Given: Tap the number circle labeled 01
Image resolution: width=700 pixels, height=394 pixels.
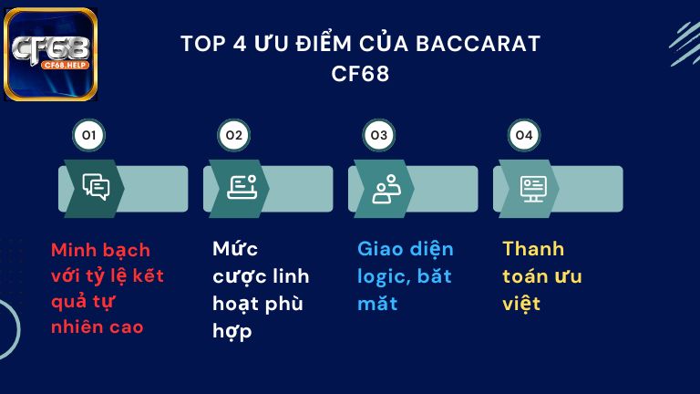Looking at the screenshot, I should (x=88, y=136).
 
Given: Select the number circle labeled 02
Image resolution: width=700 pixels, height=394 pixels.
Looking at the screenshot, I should (x=233, y=136).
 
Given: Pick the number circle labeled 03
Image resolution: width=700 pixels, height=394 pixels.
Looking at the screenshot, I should (x=377, y=136).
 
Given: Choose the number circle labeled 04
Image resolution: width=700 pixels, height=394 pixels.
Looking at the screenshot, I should (x=522, y=136).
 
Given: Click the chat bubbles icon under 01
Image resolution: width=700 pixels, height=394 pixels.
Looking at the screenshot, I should (x=96, y=187).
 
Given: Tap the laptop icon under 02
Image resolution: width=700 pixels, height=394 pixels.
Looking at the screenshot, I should (x=241, y=187).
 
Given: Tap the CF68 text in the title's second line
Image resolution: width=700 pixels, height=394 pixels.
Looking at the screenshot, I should (x=361, y=74).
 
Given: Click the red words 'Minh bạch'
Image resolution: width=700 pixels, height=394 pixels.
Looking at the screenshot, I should (x=100, y=250).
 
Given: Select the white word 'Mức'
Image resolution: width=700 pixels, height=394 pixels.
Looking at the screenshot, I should (x=235, y=249).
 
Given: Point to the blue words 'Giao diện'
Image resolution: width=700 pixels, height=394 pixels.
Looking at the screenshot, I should (x=405, y=249).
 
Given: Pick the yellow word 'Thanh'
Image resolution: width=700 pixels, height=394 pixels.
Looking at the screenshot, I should (x=533, y=249).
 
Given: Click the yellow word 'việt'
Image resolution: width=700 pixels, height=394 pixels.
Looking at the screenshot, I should (x=521, y=304).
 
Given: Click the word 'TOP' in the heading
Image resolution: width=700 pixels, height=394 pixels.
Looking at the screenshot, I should (x=201, y=44).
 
